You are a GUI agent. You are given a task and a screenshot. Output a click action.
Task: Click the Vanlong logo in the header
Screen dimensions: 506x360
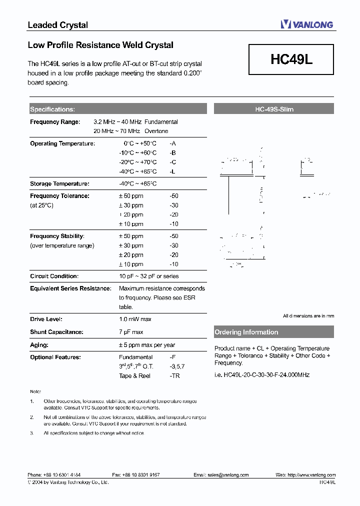(306, 24)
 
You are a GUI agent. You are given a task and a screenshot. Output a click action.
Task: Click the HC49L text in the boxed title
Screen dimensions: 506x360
(291, 59)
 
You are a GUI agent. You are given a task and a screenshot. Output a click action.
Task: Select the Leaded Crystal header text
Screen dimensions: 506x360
(57, 25)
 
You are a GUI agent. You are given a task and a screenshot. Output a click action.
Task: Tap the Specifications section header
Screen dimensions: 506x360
(52, 109)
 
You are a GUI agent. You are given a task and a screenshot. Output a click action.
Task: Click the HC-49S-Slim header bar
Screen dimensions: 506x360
(273, 109)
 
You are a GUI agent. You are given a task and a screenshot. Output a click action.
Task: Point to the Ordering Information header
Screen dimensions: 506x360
(246, 332)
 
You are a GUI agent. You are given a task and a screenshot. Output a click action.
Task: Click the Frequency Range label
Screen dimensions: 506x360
(55, 122)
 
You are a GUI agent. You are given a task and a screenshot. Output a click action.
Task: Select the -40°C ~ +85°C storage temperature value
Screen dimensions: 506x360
(137, 184)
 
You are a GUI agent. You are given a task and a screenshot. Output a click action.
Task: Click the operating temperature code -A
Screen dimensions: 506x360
(173, 143)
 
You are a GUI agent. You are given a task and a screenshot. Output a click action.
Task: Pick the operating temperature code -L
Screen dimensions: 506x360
(172, 171)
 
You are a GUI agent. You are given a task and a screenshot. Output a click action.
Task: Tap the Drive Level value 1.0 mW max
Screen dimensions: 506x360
(135, 319)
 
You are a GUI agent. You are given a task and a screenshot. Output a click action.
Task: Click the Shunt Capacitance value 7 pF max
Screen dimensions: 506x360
(131, 332)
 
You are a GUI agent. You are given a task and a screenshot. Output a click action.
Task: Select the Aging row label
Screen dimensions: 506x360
(39, 345)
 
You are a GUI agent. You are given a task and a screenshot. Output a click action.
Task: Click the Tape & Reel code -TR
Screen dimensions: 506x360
(174, 376)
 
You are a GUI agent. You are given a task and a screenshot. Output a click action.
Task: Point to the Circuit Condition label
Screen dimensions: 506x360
(54, 276)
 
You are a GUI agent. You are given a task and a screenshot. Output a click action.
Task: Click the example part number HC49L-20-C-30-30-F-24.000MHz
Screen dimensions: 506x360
(262, 374)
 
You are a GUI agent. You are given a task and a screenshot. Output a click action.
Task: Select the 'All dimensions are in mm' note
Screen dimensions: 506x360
(308, 316)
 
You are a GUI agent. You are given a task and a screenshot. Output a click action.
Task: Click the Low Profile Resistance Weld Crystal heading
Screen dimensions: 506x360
(100, 45)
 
